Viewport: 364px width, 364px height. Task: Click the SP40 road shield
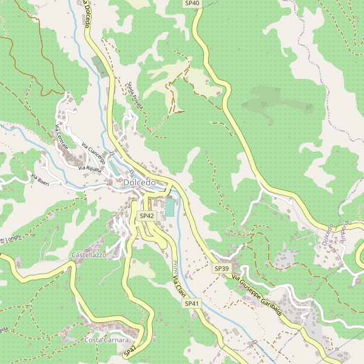click(192, 4)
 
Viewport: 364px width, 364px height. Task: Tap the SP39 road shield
click(221, 268)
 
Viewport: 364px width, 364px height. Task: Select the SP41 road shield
click(192, 303)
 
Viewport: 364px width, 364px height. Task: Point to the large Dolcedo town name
click(140, 182)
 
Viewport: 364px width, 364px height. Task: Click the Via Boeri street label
click(39, 180)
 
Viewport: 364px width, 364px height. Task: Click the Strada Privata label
click(135, 96)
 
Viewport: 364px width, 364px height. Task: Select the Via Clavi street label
click(178, 286)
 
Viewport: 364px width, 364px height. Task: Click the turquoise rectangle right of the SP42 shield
click(170, 207)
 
